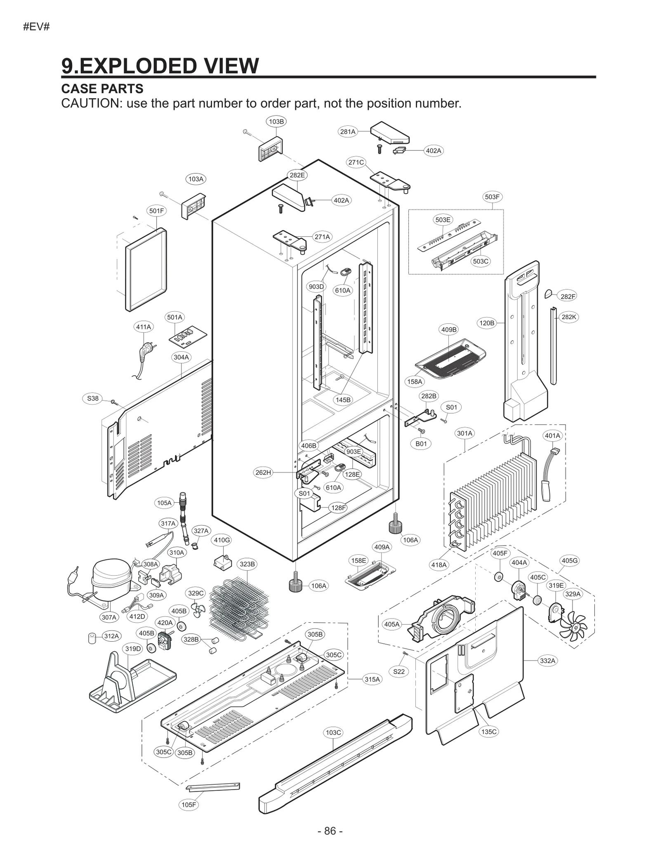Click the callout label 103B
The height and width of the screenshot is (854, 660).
[276, 122]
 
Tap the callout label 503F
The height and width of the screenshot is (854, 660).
[492, 197]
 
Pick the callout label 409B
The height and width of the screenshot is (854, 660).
[449, 329]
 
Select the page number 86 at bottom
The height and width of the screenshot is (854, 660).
[330, 830]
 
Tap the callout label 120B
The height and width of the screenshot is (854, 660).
[486, 323]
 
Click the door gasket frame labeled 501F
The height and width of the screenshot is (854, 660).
[146, 270]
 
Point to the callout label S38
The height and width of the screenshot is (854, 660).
[93, 398]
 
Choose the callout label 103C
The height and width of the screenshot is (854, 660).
[333, 732]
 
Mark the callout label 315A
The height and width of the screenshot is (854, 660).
[372, 679]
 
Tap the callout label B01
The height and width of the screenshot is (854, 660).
[421, 444]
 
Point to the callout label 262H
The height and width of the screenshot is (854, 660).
[263, 473]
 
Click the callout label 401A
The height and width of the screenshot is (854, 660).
[552, 435]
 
